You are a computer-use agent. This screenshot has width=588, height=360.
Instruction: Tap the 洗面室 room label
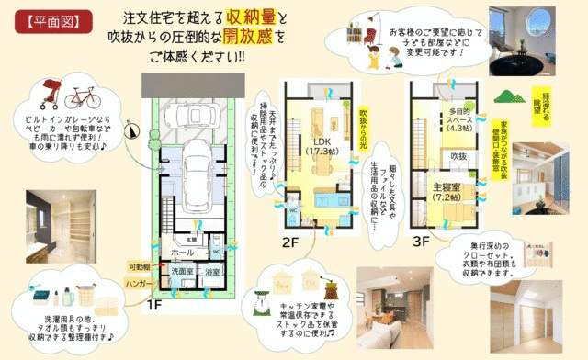click(179, 272)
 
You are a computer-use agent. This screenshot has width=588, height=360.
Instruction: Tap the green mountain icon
click(508, 96)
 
